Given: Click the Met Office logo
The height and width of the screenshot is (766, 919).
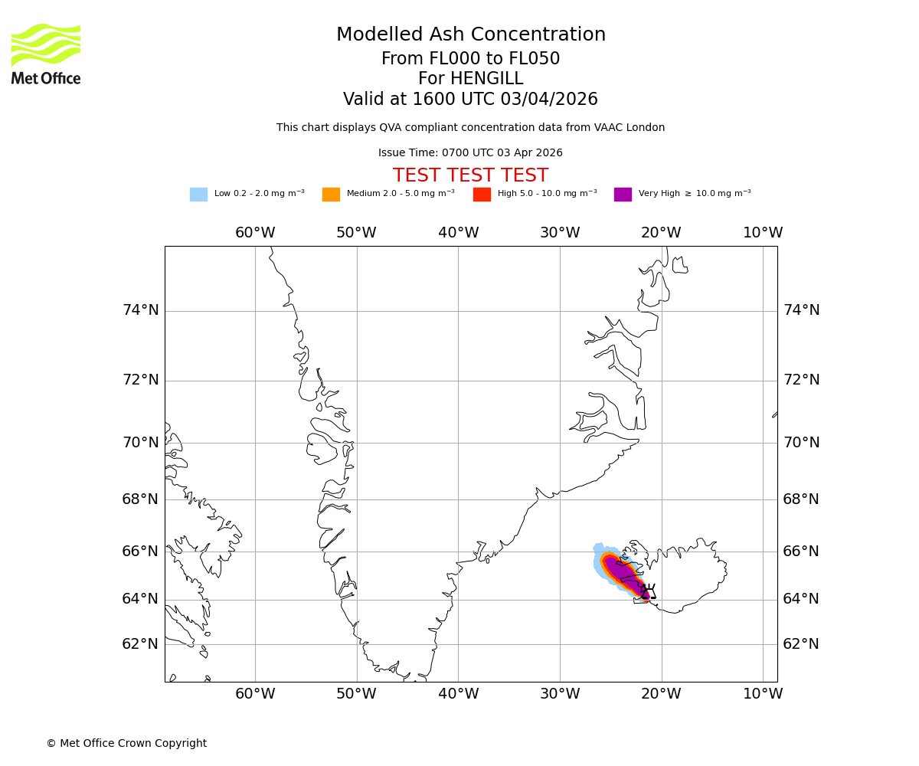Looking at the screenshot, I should coord(46,54).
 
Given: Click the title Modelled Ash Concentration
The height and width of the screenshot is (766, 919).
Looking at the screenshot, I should coord(470,35).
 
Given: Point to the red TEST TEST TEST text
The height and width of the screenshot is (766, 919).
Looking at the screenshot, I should coord(470,176).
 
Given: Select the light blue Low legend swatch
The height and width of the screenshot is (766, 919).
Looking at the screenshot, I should coord(198,195).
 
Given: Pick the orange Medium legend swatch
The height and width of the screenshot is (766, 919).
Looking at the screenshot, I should coord(331,195).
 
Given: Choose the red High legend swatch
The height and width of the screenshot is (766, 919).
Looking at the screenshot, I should coord(482,195).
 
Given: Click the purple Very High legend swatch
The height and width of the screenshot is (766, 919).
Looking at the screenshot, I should coord(623,195).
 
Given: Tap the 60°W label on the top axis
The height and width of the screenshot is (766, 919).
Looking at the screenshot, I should coord(255,233).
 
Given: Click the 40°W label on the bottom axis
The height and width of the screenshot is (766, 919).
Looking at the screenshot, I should coord(458,694).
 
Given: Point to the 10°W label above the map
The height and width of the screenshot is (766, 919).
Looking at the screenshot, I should coord(763,233).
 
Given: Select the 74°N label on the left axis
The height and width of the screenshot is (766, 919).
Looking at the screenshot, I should coord(141,310).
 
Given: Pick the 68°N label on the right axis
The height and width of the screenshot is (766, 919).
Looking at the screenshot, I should coord(801,499).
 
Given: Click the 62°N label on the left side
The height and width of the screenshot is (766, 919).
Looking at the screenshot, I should coord(141,644).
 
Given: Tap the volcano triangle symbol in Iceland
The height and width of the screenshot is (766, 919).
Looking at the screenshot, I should coord(649,591).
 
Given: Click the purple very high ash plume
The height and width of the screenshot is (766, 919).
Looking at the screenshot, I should coord(624,574).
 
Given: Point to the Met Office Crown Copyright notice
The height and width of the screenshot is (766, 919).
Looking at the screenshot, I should coord(126,744).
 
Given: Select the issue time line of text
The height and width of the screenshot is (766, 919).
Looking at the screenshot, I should coord(470,153).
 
